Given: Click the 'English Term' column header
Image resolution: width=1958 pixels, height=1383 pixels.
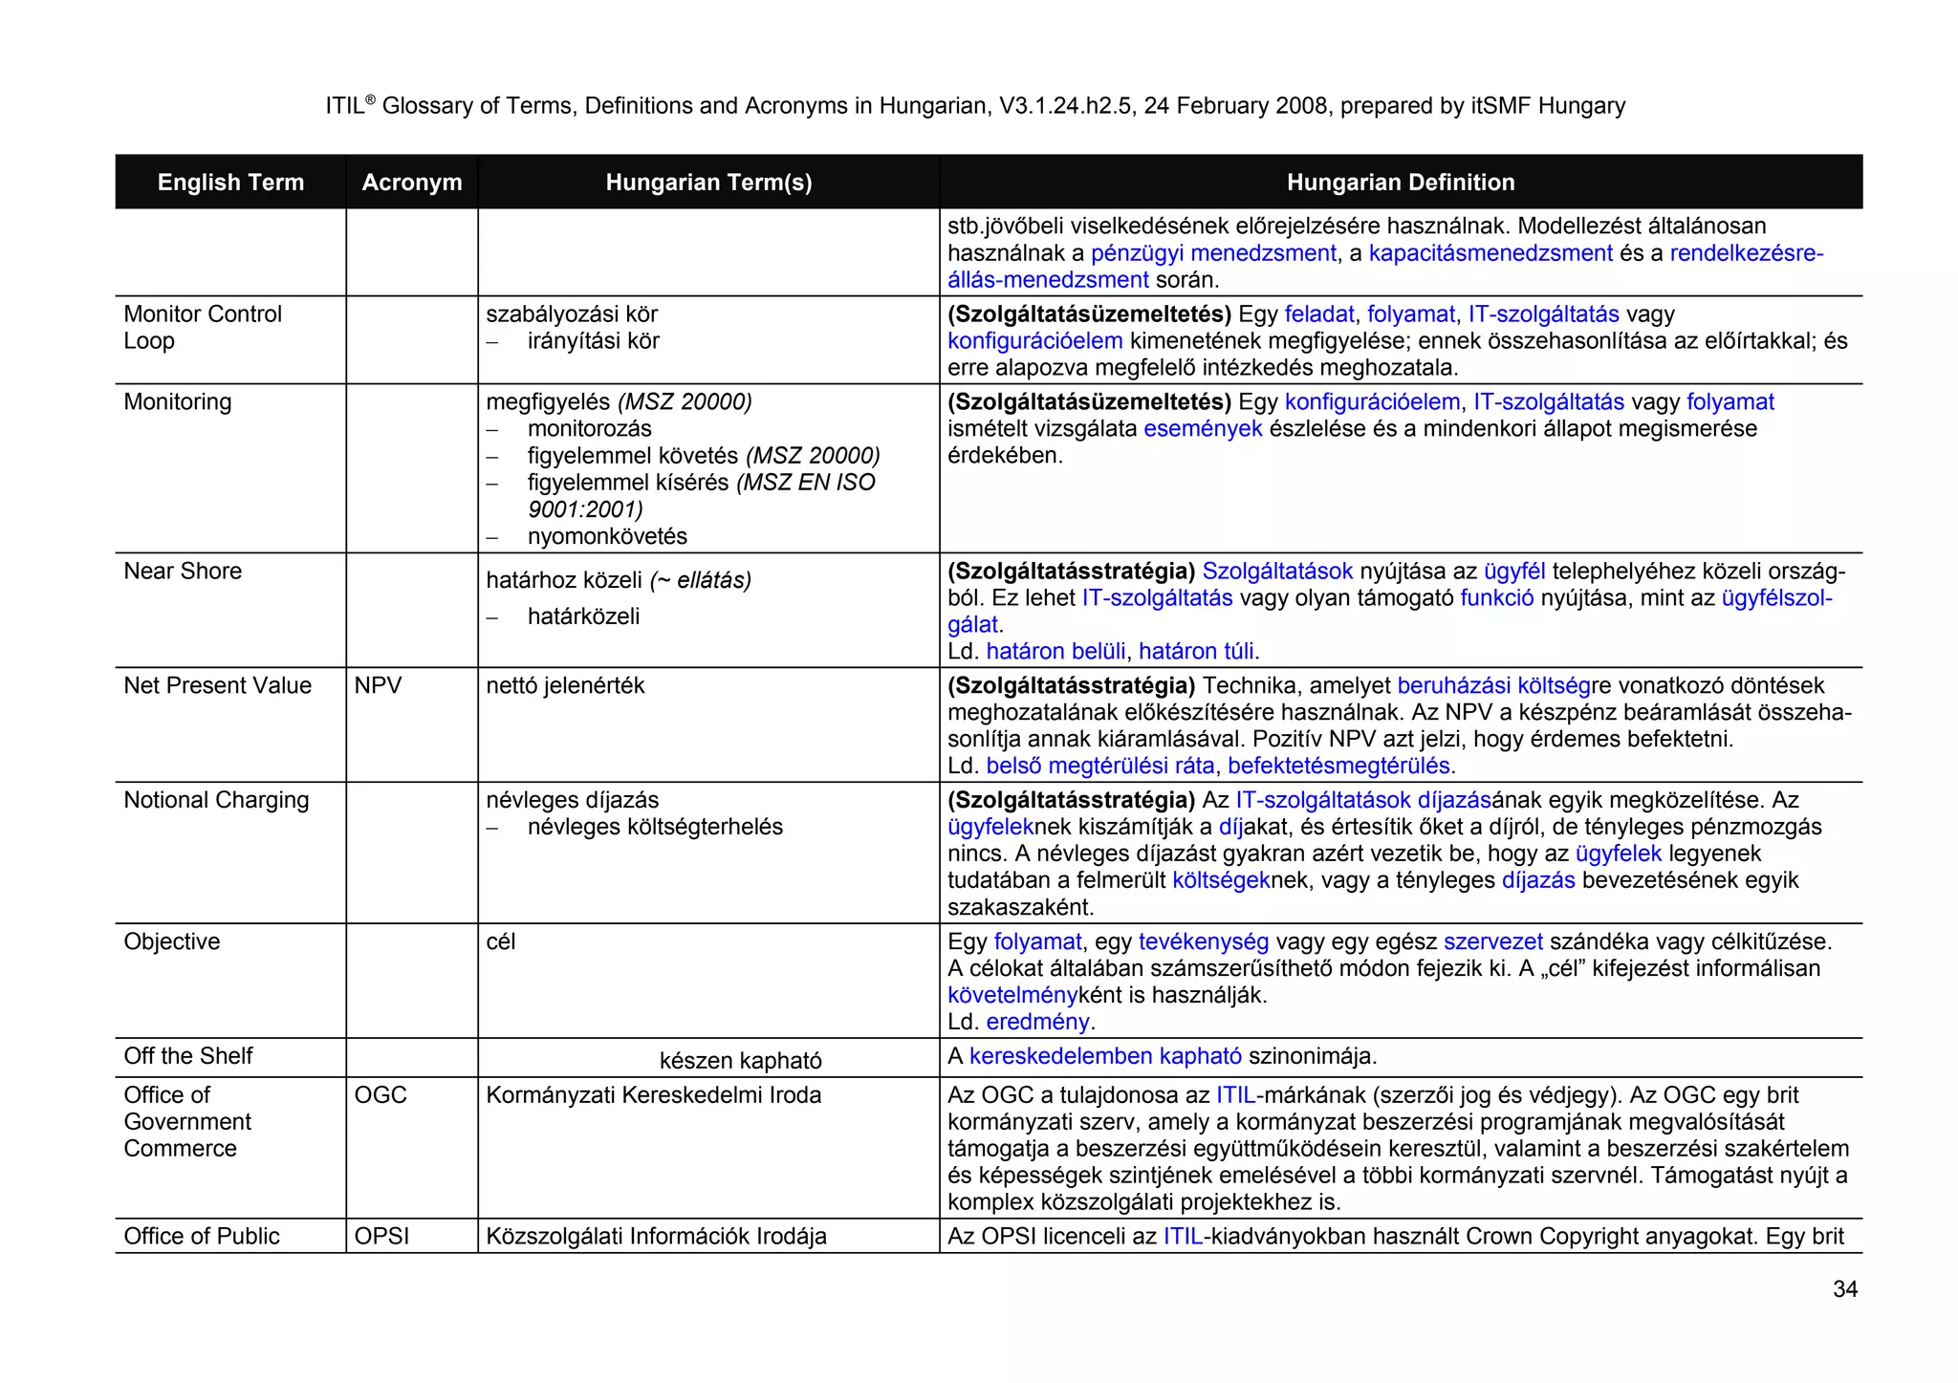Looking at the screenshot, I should (x=230, y=183).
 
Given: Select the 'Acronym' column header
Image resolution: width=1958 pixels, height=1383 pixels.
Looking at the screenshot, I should (x=411, y=183).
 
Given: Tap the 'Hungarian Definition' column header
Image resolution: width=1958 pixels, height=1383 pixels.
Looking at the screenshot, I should (x=1400, y=183).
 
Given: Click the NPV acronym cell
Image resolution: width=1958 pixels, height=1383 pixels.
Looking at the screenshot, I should (x=378, y=685).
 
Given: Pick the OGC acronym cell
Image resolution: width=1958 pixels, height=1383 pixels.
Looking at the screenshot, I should (x=381, y=1094).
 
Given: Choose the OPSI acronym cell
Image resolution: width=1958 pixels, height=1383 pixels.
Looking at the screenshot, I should (x=381, y=1236).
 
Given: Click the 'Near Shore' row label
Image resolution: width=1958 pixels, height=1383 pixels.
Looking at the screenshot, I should (x=183, y=571).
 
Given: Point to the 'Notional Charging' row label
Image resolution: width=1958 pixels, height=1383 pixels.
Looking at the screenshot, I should (x=216, y=800).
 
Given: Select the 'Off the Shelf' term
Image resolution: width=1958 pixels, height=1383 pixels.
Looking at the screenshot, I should (x=188, y=1056).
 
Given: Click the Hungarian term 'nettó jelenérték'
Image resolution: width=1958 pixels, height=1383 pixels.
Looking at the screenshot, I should (x=565, y=685).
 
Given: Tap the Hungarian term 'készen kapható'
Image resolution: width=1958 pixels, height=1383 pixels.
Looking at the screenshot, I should (x=740, y=1060).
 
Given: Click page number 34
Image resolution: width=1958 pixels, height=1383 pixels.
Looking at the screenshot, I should (x=1844, y=1289).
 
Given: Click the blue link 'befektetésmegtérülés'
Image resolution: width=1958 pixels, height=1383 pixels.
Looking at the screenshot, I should (x=1338, y=766).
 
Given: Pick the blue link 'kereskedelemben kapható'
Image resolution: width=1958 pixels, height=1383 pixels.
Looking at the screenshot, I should (x=1105, y=1056).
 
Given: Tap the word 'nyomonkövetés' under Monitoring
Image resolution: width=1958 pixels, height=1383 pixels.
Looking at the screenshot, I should (x=607, y=536).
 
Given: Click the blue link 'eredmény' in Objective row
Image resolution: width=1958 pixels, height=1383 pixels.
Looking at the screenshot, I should (x=1037, y=1022).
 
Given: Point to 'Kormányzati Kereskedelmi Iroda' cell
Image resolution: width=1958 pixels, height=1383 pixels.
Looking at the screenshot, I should (x=653, y=1094).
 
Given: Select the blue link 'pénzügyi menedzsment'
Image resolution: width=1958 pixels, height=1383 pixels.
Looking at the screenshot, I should (x=1212, y=253).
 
